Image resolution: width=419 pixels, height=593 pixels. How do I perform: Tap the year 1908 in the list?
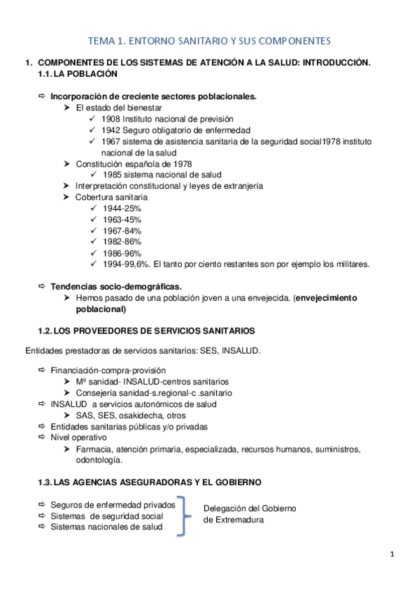(112, 119)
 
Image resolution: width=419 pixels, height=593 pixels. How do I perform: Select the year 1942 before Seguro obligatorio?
(112, 130)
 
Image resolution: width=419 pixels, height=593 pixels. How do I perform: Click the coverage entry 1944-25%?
(122, 208)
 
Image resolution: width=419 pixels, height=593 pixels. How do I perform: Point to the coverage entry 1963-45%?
(122, 220)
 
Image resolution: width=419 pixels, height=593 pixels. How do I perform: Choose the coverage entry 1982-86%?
(122, 242)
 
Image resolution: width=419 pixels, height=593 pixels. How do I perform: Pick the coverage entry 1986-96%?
(122, 253)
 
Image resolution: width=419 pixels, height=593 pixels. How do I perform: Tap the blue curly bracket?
(184, 515)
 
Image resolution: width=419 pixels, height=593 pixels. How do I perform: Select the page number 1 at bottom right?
(392, 555)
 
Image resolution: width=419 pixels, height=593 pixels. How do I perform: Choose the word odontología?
(99, 460)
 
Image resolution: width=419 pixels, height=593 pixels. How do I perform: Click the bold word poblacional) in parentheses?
(101, 308)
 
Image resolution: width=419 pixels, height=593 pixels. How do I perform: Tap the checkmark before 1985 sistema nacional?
(94, 175)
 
